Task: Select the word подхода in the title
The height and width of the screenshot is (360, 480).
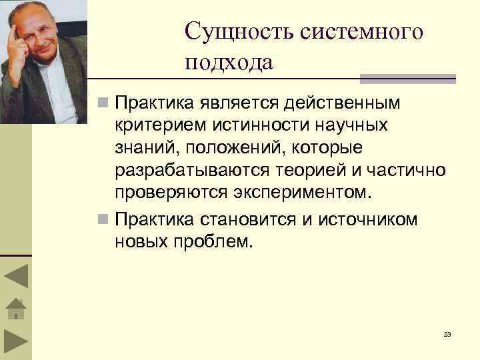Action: click(x=229, y=63)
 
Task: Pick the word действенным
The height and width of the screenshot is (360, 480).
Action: click(x=343, y=103)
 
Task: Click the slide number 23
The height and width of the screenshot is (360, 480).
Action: click(x=447, y=334)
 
